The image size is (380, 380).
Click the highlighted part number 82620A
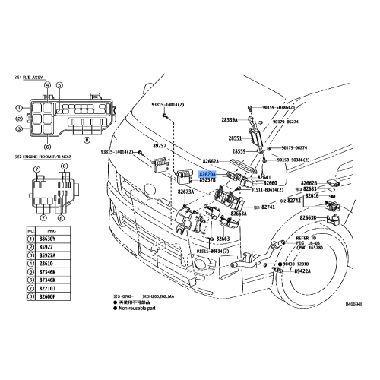(x=207, y=173)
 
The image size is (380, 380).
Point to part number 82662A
(x=210, y=161)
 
